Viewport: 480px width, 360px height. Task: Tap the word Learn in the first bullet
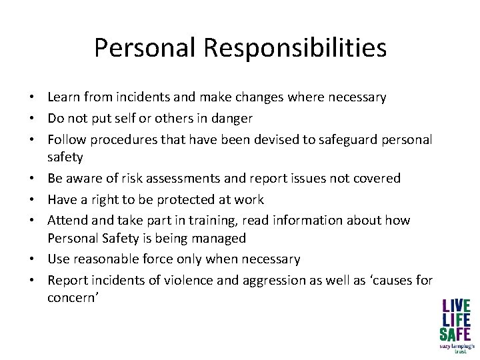pos(64,97)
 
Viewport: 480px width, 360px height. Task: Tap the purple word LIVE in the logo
pos(456,307)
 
